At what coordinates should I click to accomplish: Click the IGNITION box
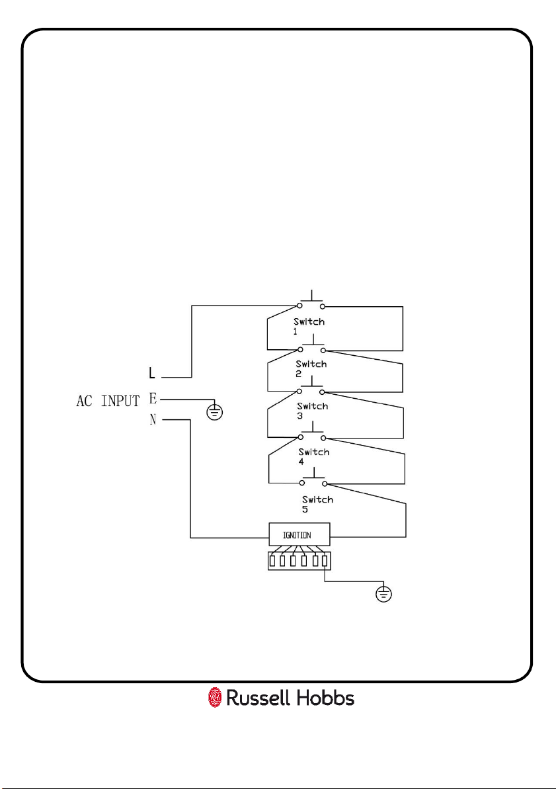pos(299,534)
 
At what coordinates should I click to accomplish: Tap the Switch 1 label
pos(309,326)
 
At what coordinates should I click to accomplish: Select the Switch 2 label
pos(311,369)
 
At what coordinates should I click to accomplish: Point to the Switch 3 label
pos(312,411)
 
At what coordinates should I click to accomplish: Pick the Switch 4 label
pos(313,456)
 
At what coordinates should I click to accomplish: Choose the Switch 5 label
pos(317,504)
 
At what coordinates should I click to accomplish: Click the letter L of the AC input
pos(152,373)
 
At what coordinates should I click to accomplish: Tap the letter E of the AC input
pos(153,399)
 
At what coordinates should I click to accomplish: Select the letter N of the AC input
pos(153,420)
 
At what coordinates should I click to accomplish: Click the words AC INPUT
pos(108,401)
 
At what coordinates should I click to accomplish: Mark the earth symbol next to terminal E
pos(215,412)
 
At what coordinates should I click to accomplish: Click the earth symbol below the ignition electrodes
pos(384,594)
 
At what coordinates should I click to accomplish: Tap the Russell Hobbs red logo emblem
pos(215,698)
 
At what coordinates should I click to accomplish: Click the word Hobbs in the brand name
pos(325,698)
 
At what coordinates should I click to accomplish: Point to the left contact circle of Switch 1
pos(300,306)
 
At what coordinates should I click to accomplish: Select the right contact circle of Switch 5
pos(325,483)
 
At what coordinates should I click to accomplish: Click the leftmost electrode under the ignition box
pos(272,561)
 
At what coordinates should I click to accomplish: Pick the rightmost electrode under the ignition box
pos(325,561)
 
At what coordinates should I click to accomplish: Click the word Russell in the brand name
pos(258,698)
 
